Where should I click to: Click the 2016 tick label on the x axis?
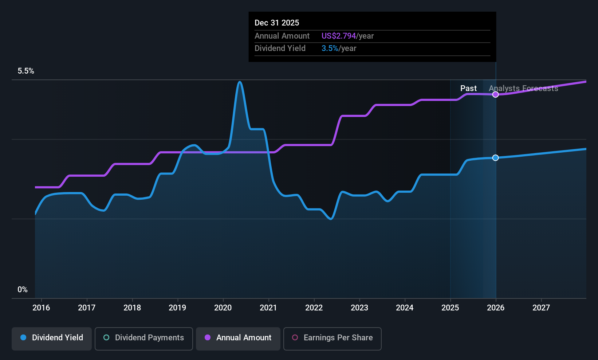coord(41,308)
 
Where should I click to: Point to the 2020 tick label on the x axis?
coord(223,308)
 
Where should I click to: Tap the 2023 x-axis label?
coord(359,308)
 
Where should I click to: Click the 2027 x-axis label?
coord(541,308)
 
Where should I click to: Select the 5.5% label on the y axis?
coord(26,71)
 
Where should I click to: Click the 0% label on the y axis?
coord(23,290)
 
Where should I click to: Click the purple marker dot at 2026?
coord(496,95)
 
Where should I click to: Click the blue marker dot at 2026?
coord(496,158)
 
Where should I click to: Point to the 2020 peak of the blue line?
coord(240,82)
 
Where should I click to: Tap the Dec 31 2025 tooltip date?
coord(277,23)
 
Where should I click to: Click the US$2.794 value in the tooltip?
coord(338,36)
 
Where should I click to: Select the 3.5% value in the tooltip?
coord(330,48)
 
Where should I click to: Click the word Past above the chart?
coord(468,89)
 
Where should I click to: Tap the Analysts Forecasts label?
coord(523,89)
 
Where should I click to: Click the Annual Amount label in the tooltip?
coord(282,36)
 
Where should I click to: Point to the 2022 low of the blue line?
coord(331,219)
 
